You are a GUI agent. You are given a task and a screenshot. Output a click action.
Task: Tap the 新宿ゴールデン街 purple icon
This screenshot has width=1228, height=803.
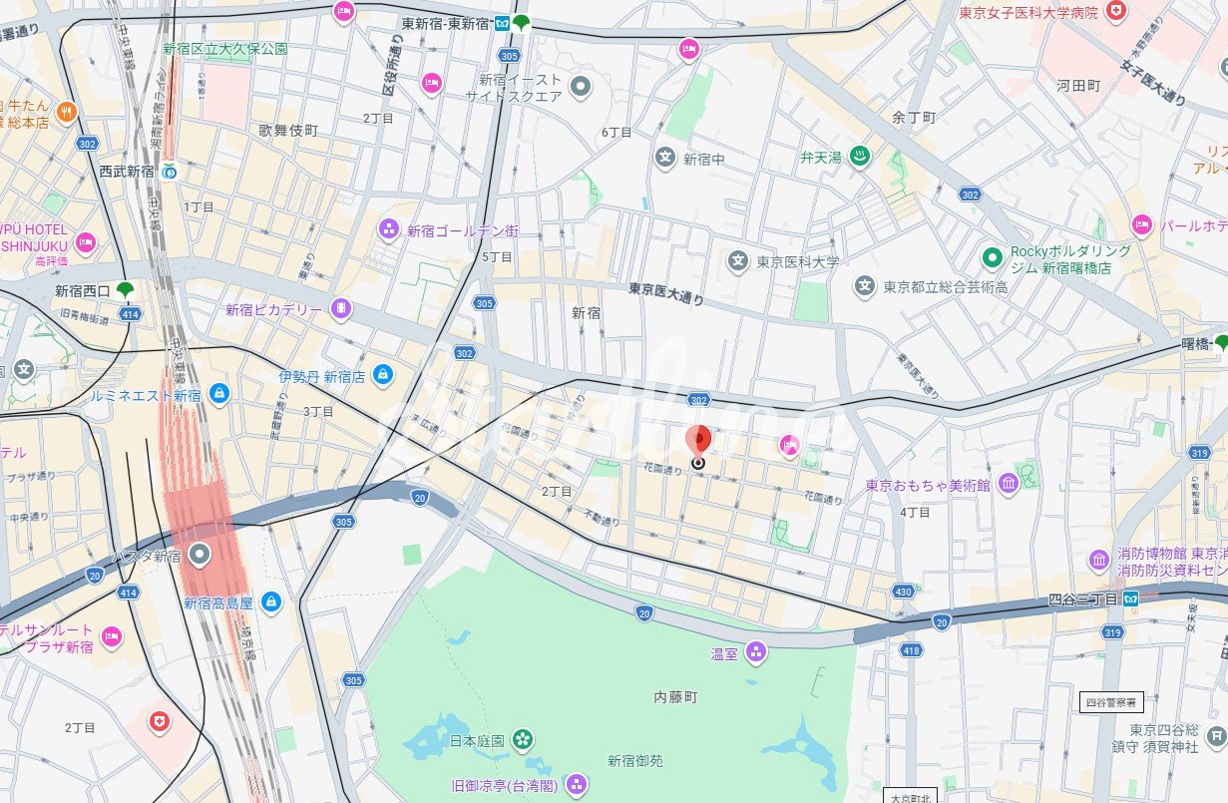click(x=388, y=230)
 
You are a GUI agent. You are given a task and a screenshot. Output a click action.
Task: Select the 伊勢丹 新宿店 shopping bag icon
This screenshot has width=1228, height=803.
click(x=381, y=375)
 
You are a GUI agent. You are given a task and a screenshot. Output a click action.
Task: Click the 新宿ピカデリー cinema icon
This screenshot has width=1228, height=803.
click(x=341, y=309)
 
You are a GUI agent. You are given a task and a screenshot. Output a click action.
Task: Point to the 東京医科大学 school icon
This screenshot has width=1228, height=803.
click(x=737, y=262)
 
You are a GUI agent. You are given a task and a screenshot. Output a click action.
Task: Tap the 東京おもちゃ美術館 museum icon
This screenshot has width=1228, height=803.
click(x=1008, y=485)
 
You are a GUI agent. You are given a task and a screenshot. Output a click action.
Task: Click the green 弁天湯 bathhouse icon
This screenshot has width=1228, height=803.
click(x=860, y=157)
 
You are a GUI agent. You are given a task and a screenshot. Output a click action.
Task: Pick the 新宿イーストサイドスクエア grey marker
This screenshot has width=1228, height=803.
click(x=581, y=88)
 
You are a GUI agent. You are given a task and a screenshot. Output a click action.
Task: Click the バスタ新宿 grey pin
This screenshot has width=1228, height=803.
click(x=202, y=554)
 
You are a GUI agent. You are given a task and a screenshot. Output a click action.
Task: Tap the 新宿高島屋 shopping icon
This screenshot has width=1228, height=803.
click(x=269, y=602)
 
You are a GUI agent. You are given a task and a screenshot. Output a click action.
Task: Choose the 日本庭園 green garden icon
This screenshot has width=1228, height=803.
click(x=522, y=739)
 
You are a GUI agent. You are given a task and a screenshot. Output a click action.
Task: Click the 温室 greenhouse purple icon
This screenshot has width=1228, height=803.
click(x=756, y=653)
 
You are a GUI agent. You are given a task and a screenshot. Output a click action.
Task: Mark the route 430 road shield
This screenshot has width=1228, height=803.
click(x=904, y=593)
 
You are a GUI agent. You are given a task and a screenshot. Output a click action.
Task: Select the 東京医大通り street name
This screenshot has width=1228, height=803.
click(x=665, y=292)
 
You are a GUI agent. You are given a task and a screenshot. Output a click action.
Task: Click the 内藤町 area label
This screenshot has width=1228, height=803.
click(x=675, y=696)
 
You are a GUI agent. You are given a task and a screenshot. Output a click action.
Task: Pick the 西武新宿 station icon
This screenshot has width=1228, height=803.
click(x=170, y=171)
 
